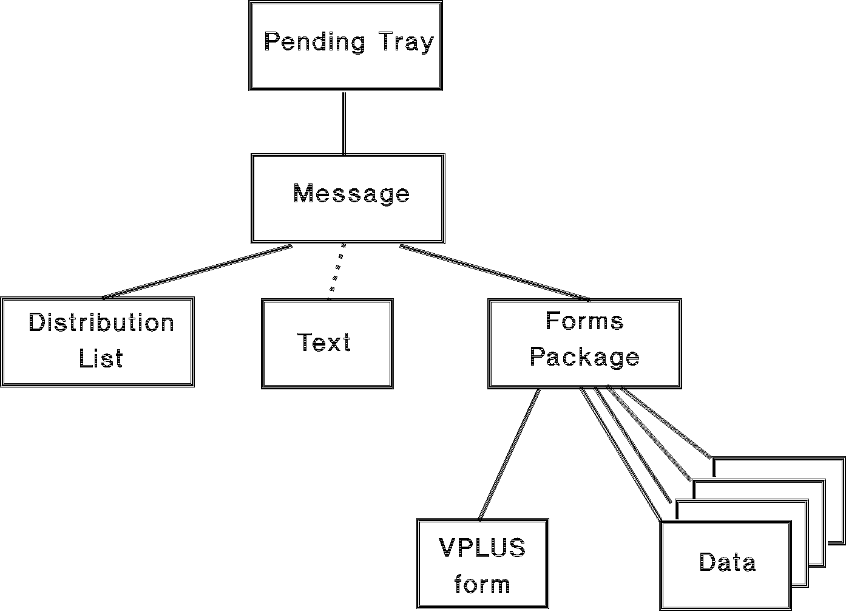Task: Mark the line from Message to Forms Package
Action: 495,273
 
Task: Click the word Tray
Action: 407,43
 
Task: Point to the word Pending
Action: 314,43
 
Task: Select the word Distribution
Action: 101,323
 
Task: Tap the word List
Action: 101,358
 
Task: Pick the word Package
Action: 584,357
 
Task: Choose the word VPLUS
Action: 482,548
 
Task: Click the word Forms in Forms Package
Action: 584,321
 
